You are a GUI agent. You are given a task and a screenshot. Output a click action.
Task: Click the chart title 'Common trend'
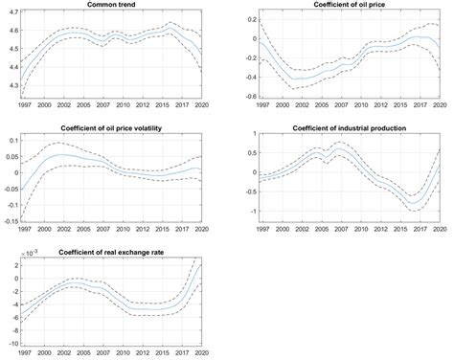pyautogui.click(x=110, y=5)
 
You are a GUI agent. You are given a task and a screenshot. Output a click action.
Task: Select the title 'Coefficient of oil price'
pyautogui.click(x=352, y=5)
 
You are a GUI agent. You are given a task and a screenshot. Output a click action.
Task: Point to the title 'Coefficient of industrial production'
pyautogui.click(x=353, y=128)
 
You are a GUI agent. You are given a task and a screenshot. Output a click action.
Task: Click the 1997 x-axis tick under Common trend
pyautogui.click(x=23, y=105)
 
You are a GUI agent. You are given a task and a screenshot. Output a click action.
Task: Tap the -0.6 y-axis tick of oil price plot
pyautogui.click(x=249, y=97)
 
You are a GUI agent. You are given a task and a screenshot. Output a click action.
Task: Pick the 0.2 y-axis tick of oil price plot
pyautogui.click(x=251, y=20)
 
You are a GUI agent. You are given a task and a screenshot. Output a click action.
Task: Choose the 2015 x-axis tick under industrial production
pyautogui.click(x=402, y=229)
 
